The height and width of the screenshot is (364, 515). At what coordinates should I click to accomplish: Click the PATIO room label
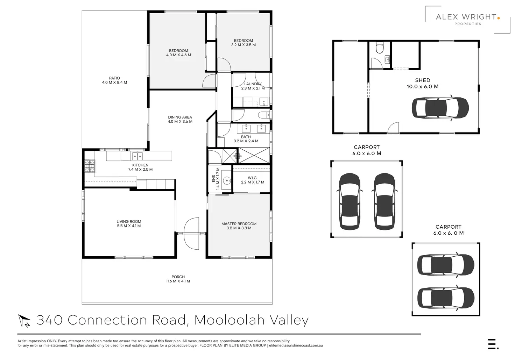[114, 78]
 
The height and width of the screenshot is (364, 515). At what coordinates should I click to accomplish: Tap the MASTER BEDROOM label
[239, 224]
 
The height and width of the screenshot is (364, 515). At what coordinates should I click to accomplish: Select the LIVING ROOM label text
[129, 222]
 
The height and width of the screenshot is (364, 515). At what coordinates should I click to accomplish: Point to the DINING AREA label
[180, 117]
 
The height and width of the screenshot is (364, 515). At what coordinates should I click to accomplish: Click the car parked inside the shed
[440, 108]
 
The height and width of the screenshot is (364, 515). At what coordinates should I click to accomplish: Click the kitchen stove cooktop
[90, 166]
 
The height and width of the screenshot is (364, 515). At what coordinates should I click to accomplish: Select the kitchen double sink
[137, 156]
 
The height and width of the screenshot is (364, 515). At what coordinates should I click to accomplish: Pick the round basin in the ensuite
[227, 181]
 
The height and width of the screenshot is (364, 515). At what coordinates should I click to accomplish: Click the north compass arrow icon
[24, 321]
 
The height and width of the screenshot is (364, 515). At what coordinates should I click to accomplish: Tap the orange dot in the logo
[498, 18]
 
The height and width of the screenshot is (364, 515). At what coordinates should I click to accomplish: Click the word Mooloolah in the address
[230, 320]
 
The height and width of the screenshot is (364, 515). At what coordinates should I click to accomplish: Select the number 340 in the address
[50, 320]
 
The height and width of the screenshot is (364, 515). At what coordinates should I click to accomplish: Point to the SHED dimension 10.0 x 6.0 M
[423, 87]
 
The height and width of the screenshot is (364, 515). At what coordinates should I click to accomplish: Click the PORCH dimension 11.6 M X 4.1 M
[178, 281]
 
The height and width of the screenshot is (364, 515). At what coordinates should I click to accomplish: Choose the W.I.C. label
[253, 178]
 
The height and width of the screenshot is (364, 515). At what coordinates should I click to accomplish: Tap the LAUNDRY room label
[253, 84]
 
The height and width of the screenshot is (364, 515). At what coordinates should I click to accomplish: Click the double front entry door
[191, 234]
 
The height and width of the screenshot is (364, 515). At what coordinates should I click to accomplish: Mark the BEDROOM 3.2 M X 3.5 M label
[244, 43]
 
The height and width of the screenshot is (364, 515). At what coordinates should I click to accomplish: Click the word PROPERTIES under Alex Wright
[468, 24]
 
